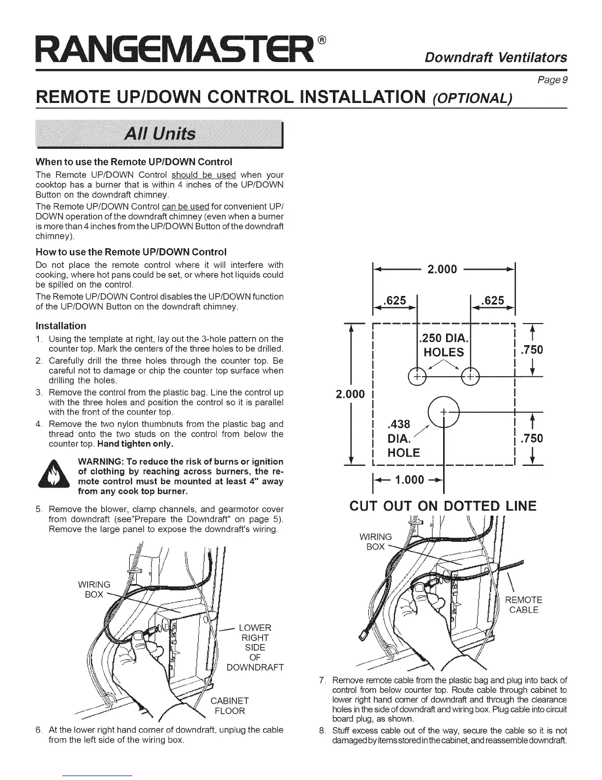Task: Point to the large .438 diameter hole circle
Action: (443, 412)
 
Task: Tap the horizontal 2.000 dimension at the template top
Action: (443, 269)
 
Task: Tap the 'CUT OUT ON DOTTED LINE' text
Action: (443, 506)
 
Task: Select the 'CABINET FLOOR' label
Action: (229, 706)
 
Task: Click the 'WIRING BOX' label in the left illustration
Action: (94, 589)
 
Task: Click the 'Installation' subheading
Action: (60, 325)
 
